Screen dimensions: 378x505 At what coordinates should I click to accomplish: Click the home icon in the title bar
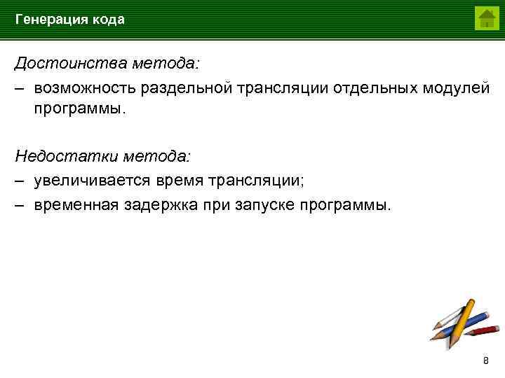486,18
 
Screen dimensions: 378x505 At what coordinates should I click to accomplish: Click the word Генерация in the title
50,20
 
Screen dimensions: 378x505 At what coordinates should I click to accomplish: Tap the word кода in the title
107,20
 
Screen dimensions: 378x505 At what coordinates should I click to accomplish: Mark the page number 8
486,360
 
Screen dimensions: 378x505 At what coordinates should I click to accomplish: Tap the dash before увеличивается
21,181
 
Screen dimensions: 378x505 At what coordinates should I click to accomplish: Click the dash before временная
21,205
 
